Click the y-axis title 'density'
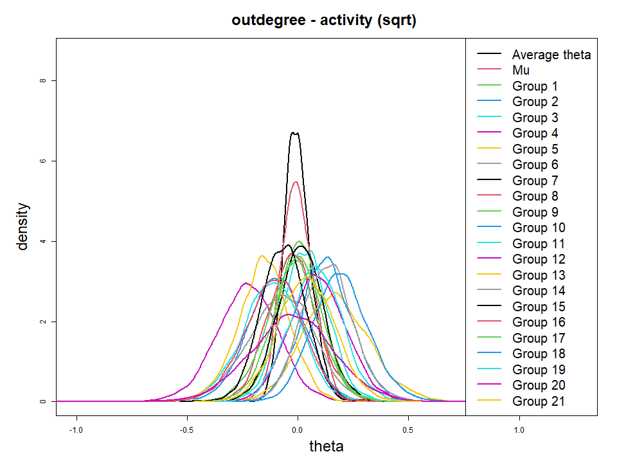pos(23,226)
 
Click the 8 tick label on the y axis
pos(42,80)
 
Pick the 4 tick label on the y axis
pos(42,241)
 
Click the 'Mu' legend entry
pos(521,71)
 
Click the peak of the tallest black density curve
pos(295,132)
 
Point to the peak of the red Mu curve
pos(296,182)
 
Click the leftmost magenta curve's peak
pos(246,283)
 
